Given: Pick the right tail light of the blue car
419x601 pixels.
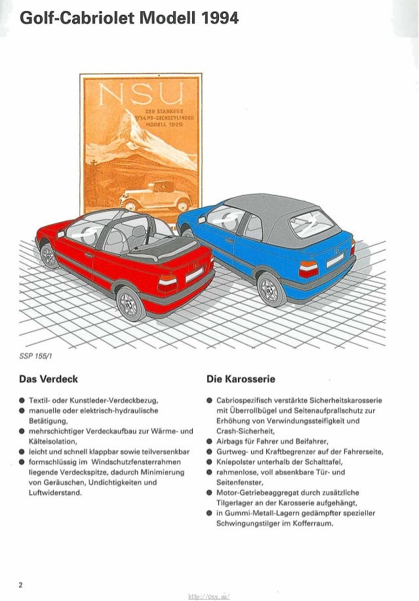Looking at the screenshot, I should tap(309, 269).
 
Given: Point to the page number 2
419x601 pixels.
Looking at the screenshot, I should tap(20, 585).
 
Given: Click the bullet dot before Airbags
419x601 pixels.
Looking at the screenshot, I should tap(208, 442).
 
